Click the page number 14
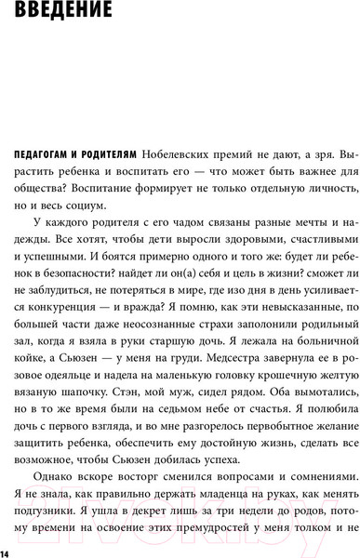pyautogui.click(x=6, y=554)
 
